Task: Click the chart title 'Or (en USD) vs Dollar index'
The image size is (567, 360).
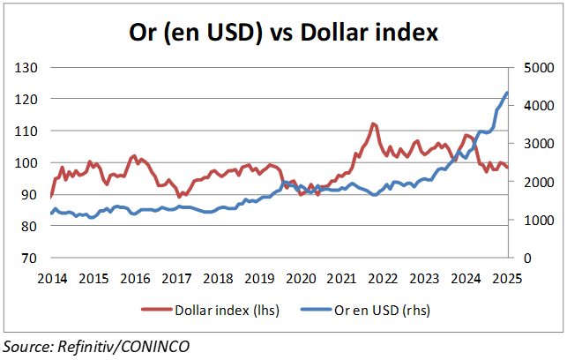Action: tap(282, 34)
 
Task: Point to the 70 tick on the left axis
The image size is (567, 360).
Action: tap(30, 259)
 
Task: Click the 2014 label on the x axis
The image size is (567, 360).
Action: tap(51, 279)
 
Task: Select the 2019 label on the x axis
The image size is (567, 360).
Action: tap(258, 279)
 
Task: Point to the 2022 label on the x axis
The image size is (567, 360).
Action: tap(383, 279)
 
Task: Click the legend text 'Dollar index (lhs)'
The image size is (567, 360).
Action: tap(226, 310)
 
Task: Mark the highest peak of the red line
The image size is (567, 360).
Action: tap(374, 124)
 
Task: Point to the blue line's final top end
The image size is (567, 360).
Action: tap(507, 93)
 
